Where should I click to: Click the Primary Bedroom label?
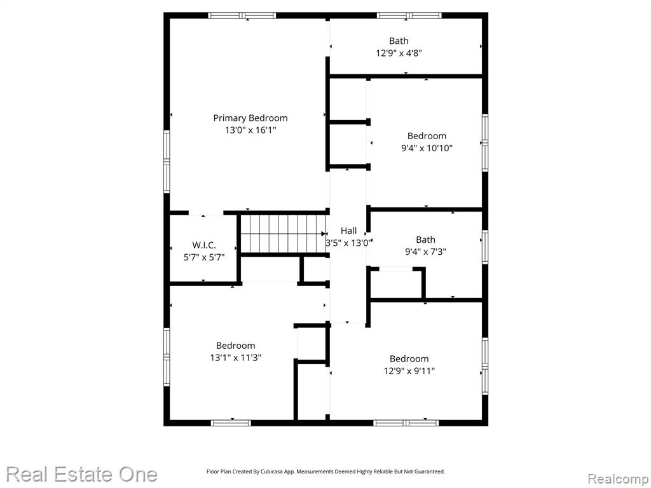click(x=250, y=118)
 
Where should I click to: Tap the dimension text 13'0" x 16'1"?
click(x=250, y=130)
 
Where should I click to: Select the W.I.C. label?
click(x=204, y=245)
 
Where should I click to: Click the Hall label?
click(x=349, y=231)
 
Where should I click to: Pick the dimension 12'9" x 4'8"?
click(x=399, y=53)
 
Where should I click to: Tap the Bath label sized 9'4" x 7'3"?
click(x=425, y=240)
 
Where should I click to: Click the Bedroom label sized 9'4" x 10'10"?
click(x=427, y=136)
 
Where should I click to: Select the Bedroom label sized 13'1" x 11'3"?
click(x=235, y=345)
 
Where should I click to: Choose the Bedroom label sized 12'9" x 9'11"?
click(x=409, y=358)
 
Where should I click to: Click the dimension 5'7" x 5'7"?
click(x=204, y=257)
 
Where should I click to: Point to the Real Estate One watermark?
click(x=82, y=474)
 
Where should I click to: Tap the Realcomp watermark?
click(x=618, y=478)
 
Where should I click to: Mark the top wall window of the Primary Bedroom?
click(x=242, y=16)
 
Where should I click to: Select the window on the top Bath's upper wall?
click(x=409, y=16)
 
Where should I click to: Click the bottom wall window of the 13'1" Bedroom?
click(x=231, y=423)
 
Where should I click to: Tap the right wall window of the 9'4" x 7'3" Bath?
click(x=485, y=247)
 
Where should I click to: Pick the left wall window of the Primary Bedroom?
click(x=167, y=161)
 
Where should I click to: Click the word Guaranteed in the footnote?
click(x=431, y=471)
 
